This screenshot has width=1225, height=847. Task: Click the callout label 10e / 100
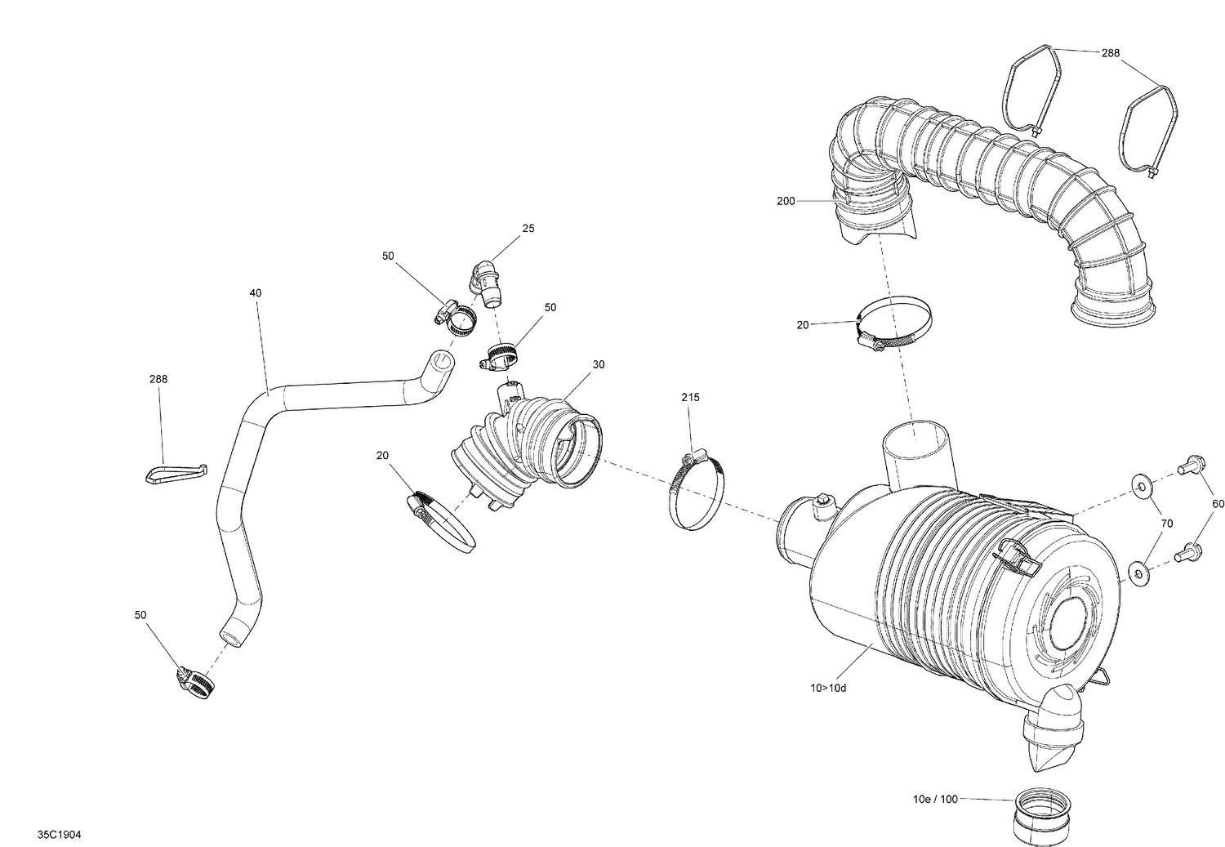(x=935, y=799)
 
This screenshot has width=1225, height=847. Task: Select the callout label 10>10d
(x=829, y=687)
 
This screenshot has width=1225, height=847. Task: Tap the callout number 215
(x=690, y=397)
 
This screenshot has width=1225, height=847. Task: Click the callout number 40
(x=256, y=292)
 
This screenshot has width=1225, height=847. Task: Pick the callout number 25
(x=528, y=229)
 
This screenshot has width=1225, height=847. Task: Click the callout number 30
(x=599, y=364)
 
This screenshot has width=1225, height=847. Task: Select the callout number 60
(x=1218, y=504)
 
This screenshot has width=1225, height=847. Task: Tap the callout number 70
(x=1167, y=523)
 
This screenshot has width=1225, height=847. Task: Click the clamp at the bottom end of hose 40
(x=194, y=682)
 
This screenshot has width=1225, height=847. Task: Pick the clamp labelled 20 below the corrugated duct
(x=893, y=325)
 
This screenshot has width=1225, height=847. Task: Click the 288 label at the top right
(x=1110, y=53)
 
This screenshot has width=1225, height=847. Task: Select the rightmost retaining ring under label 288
(x=1147, y=135)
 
